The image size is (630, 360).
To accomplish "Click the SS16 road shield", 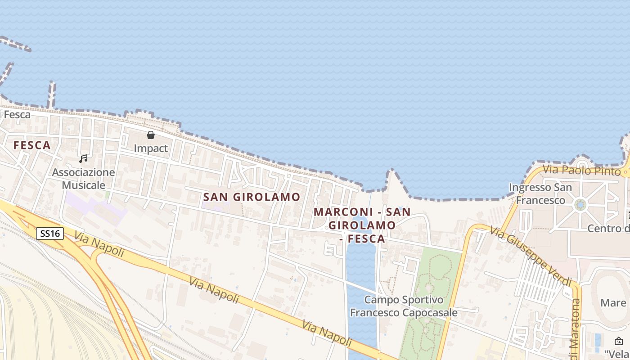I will point(50,234).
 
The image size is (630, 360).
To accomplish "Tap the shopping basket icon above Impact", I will point(151,135).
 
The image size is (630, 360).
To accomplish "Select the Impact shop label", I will point(151,148).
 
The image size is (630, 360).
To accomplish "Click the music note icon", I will point(83,158).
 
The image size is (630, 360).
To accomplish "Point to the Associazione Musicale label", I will point(84,179).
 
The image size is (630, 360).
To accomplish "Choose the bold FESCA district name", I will point(32,145).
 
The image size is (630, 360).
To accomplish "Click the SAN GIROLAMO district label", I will point(252,197).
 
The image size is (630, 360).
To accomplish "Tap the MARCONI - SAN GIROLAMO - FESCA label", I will point(362,225).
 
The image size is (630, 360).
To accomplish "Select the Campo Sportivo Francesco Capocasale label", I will point(404,306).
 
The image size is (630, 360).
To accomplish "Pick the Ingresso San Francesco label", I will point(540,193).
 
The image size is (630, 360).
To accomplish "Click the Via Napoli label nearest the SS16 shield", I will point(99,244).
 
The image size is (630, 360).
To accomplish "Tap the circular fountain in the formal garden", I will point(580,205).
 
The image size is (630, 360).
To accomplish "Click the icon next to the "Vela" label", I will point(619,341).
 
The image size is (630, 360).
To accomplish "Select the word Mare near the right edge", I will point(613,302).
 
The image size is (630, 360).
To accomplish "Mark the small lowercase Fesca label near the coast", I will point(17,115).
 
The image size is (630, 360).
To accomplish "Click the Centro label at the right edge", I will point(608,229).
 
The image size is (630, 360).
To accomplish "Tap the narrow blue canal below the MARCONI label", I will point(360,279).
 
